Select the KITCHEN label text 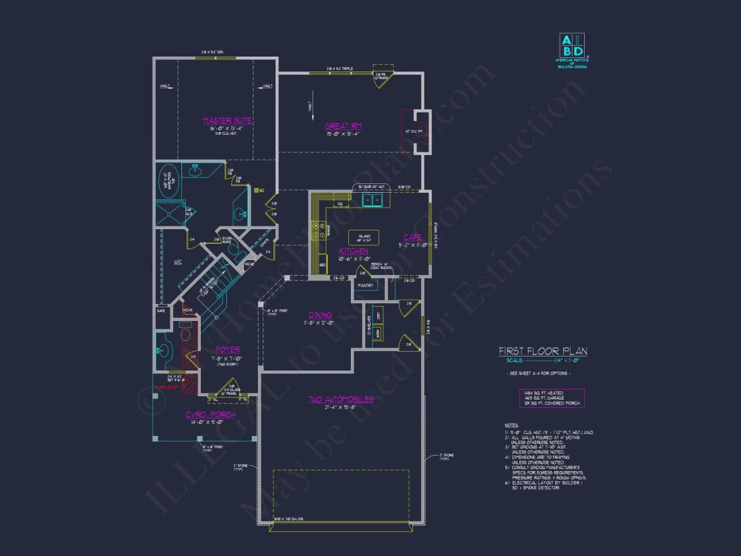click(x=353, y=251)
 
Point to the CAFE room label click(x=412, y=237)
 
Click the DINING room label click(x=320, y=315)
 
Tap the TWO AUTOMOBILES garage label click(x=341, y=400)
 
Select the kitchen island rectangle click(x=363, y=238)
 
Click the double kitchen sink click(x=372, y=200)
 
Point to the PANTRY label click(x=366, y=285)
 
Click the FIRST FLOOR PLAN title click(x=542, y=351)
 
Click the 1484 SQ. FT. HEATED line click(x=541, y=392)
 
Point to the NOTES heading click(x=511, y=425)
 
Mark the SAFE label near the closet click(x=161, y=311)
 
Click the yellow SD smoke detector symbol click(x=256, y=191)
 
